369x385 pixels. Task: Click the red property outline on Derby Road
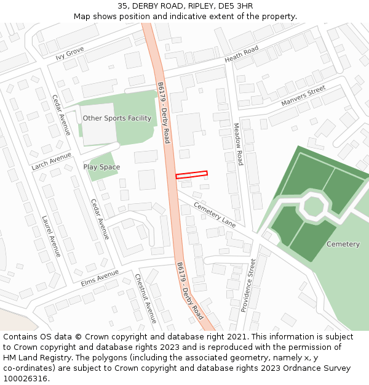click(x=191, y=175)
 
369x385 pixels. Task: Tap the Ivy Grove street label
click(x=69, y=54)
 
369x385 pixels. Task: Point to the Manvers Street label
click(x=303, y=95)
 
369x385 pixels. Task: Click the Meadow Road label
click(x=238, y=144)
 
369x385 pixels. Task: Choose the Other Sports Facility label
click(x=117, y=118)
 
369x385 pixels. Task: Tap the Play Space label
click(x=101, y=167)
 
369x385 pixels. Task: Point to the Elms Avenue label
click(x=99, y=278)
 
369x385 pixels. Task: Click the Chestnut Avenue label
click(x=146, y=299)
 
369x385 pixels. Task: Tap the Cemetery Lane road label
click(x=215, y=214)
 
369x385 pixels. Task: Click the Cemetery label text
click(x=343, y=245)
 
